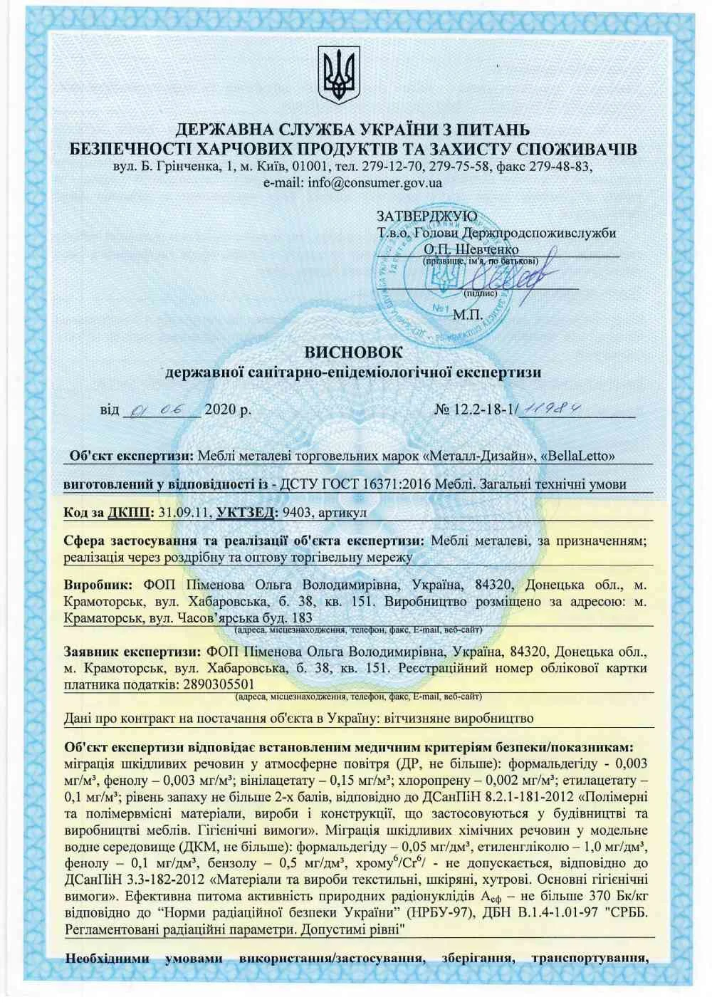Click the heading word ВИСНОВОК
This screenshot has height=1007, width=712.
point(353,352)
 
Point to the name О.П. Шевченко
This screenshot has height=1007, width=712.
point(471,250)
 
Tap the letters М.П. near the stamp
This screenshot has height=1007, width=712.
point(468,313)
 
